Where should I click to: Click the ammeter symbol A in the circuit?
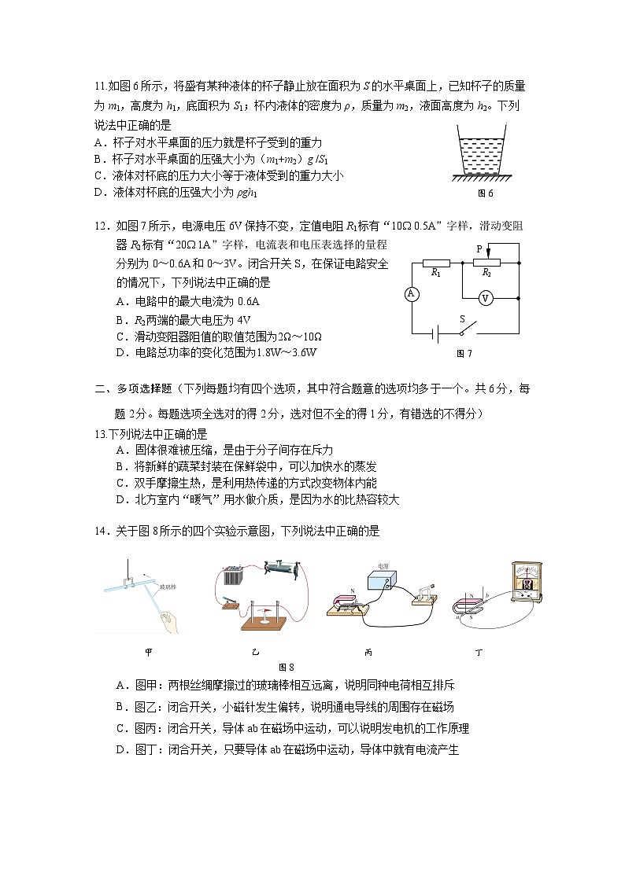410,294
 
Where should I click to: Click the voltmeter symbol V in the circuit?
486,298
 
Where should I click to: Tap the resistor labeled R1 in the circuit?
436,263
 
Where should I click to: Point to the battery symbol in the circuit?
433,333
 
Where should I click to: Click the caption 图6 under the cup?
485,193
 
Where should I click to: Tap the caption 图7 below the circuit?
464,354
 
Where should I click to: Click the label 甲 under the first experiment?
149,652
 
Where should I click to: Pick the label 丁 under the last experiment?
479,653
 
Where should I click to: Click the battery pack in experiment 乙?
231,576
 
